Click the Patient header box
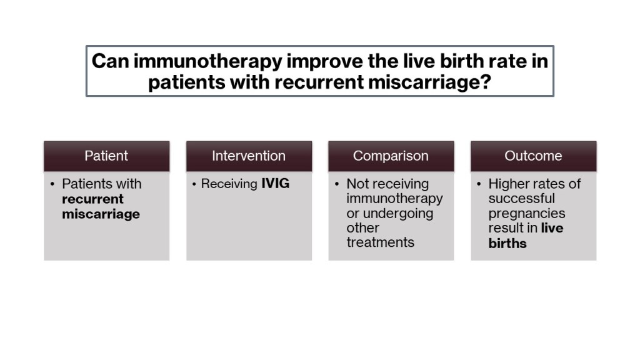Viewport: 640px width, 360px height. click(x=106, y=156)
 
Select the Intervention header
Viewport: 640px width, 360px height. click(x=249, y=156)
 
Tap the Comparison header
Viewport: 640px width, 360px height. click(x=391, y=156)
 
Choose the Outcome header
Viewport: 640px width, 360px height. click(x=534, y=156)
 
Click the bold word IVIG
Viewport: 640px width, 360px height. click(x=276, y=184)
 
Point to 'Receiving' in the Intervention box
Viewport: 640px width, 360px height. click(x=229, y=184)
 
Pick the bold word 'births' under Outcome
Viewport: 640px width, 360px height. click(x=507, y=243)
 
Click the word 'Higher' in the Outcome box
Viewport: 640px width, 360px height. click(x=510, y=184)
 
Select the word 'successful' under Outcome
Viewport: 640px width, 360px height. click(x=522, y=198)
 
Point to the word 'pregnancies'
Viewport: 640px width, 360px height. click(x=527, y=214)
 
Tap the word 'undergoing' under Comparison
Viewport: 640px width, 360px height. click(x=398, y=214)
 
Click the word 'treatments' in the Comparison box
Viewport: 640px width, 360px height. click(x=381, y=242)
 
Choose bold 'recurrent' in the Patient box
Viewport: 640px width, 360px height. click(x=92, y=199)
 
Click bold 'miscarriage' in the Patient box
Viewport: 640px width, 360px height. click(x=101, y=214)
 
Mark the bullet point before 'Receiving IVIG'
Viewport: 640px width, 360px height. click(x=194, y=184)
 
